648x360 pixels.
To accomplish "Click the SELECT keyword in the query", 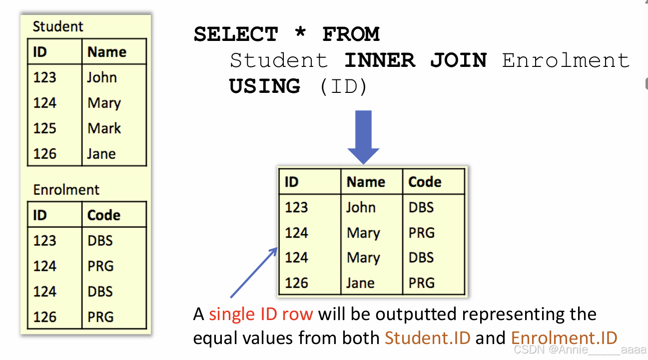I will [x=235, y=34].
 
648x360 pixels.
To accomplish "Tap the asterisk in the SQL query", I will [x=300, y=34].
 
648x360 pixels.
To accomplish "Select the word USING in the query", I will [x=265, y=86].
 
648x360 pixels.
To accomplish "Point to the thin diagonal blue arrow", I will [x=253, y=272].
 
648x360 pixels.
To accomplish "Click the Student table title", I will [x=58, y=26].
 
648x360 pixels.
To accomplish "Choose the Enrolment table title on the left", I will [x=66, y=190].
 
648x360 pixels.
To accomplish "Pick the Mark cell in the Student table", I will [x=104, y=128].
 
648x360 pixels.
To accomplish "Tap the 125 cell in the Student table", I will [x=44, y=128].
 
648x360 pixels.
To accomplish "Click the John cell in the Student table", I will [x=102, y=77].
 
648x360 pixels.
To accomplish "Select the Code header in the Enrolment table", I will [x=103, y=215].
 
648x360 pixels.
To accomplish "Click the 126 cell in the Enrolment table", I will [x=44, y=317].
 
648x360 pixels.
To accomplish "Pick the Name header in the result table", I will [x=366, y=182].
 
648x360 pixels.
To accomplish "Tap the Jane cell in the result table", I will [x=360, y=283].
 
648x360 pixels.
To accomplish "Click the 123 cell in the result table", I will [x=296, y=207].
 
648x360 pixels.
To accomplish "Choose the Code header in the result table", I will [x=425, y=182].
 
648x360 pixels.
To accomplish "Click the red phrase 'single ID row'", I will [x=261, y=314].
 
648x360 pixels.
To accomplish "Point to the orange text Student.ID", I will [x=428, y=338].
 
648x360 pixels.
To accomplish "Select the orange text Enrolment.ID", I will [x=564, y=338].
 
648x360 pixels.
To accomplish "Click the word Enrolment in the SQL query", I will [x=566, y=60].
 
